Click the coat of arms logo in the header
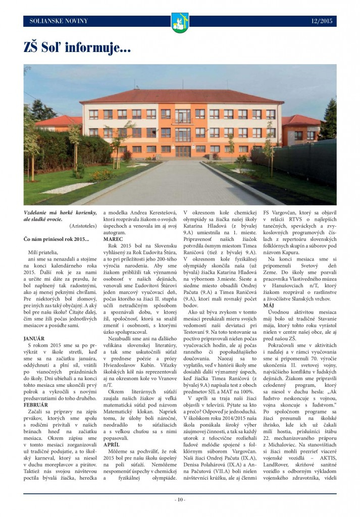coord(180,23)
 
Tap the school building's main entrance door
coord(183,151)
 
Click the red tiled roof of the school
coord(182,96)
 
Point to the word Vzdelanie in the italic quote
coord(38,213)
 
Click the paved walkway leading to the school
coord(177,182)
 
